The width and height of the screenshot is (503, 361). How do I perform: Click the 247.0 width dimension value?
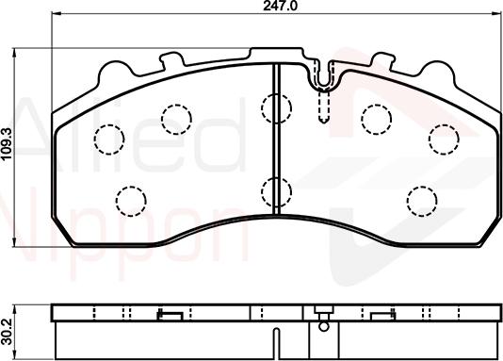[272, 6]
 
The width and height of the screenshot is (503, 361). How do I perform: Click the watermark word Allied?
[122, 132]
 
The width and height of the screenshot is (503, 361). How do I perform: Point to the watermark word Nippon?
[122, 226]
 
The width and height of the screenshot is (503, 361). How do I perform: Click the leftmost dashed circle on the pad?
[108, 139]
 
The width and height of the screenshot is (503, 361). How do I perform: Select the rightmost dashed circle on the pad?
[443, 139]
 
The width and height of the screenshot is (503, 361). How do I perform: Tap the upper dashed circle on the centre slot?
[276, 108]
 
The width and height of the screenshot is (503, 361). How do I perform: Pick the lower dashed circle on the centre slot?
[276, 190]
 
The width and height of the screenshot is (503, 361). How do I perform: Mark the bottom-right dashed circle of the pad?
[421, 199]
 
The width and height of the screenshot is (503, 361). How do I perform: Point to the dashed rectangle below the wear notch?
[324, 108]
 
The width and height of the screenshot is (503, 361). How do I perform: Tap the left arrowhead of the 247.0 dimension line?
[53, 14]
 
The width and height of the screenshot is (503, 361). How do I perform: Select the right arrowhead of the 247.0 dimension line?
[496, 14]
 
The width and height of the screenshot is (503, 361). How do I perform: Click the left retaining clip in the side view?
[170, 315]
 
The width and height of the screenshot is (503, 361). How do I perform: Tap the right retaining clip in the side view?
[381, 315]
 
